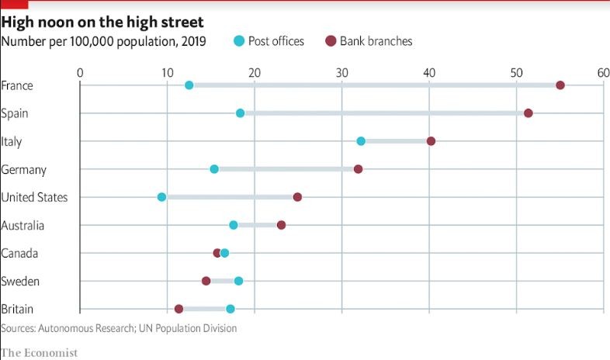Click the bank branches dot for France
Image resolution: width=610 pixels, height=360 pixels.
(x=560, y=85)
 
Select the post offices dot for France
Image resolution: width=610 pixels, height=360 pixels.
(x=189, y=85)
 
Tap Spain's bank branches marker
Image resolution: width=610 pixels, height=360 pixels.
(x=529, y=113)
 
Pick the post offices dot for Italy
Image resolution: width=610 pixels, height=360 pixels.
(x=361, y=141)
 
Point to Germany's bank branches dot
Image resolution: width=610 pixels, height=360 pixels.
(x=358, y=169)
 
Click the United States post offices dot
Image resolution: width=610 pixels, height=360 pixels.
(x=161, y=197)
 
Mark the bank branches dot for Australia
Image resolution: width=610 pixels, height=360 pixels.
(x=281, y=225)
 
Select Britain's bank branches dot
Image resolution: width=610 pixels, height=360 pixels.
(x=179, y=309)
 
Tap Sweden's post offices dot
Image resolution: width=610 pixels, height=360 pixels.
(x=238, y=281)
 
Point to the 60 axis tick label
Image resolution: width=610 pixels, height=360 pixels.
(x=603, y=72)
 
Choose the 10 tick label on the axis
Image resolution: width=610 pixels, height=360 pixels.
(x=167, y=72)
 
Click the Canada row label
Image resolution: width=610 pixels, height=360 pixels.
(x=20, y=253)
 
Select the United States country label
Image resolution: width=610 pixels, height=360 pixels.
(x=34, y=197)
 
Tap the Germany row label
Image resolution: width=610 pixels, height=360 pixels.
(x=24, y=169)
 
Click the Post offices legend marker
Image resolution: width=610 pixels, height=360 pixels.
(x=240, y=41)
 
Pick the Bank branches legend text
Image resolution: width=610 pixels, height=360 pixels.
(x=376, y=41)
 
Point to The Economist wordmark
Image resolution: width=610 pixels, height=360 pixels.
(x=40, y=352)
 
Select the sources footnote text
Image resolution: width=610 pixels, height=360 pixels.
(x=119, y=328)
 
